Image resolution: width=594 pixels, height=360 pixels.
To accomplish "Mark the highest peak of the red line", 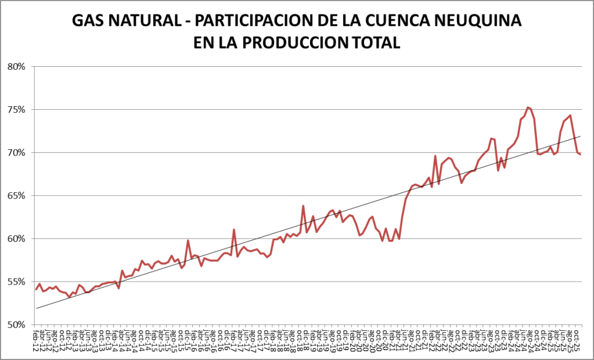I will [x=527, y=107].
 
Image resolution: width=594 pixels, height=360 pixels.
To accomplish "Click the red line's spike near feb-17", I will [x=234, y=230].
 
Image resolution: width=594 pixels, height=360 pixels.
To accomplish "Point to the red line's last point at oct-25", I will [x=580, y=154].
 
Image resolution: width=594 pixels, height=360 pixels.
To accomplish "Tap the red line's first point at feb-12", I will [x=36, y=289].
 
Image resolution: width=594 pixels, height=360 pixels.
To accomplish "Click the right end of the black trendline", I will [x=580, y=136].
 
